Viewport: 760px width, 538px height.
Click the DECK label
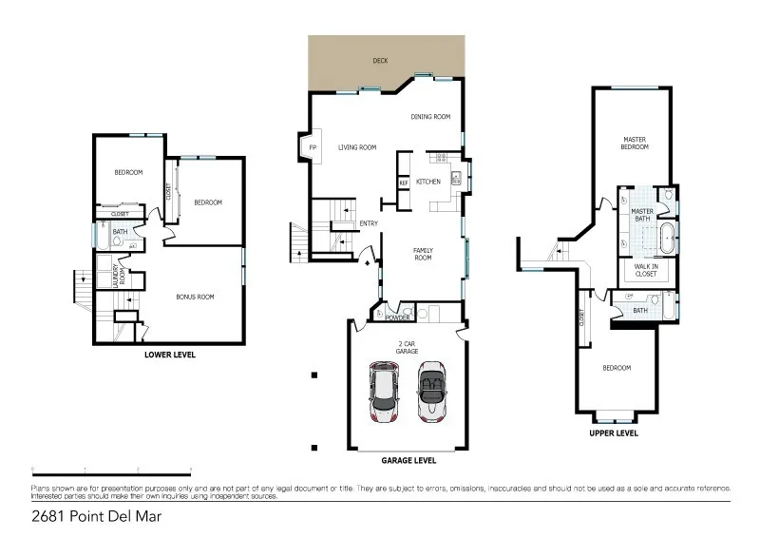[380, 60]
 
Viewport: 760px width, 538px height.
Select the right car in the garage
[431, 392]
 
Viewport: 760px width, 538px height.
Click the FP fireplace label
[312, 147]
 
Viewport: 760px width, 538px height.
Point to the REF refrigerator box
[404, 182]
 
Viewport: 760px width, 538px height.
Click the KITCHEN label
[428, 181]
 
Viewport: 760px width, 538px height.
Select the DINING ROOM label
[429, 117]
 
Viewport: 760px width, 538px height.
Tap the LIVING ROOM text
[357, 147]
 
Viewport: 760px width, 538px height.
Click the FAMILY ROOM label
[423, 254]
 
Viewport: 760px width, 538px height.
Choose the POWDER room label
[397, 318]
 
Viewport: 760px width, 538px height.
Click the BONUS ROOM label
[195, 297]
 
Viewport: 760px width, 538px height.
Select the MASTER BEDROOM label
[635, 143]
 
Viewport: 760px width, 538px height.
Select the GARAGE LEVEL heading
[408, 459]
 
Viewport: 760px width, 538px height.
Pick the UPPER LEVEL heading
[613, 432]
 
